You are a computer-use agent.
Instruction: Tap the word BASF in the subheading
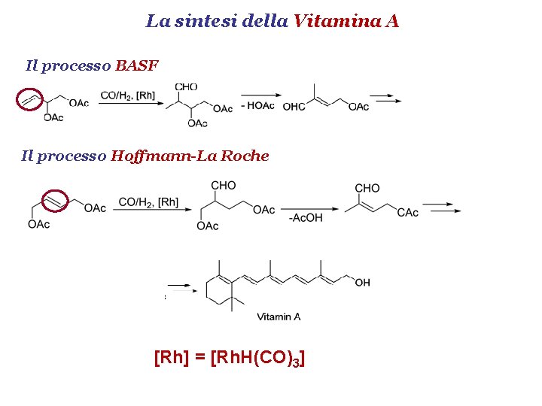136,65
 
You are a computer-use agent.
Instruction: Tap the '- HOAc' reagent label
258,106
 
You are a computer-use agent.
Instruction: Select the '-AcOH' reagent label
306,218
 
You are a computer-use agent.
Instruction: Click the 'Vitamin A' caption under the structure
279,317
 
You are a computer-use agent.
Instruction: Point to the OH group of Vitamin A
362,283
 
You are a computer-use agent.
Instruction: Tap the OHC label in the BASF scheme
294,107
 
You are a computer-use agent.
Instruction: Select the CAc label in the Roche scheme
407,213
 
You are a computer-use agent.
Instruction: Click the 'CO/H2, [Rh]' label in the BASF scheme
128,95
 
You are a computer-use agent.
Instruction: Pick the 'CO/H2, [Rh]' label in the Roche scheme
148,201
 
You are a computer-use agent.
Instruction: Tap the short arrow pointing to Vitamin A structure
177,286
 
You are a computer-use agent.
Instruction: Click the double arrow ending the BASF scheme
386,98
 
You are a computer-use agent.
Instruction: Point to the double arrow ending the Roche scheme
442,208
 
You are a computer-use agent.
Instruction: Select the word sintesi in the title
208,21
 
